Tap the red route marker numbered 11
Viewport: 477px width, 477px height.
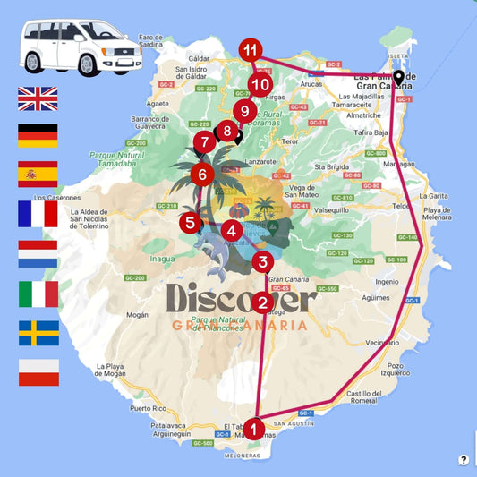click(251, 50)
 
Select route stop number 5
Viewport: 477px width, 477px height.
click(189, 222)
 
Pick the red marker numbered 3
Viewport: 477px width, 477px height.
click(261, 262)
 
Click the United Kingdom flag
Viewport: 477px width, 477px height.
click(38, 98)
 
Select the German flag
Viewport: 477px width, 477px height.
click(38, 136)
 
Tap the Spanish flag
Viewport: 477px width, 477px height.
click(38, 174)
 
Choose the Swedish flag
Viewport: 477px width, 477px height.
click(38, 333)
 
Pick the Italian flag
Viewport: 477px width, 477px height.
click(38, 294)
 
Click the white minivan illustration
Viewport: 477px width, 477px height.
click(81, 47)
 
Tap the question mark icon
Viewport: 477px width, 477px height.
click(464, 460)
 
